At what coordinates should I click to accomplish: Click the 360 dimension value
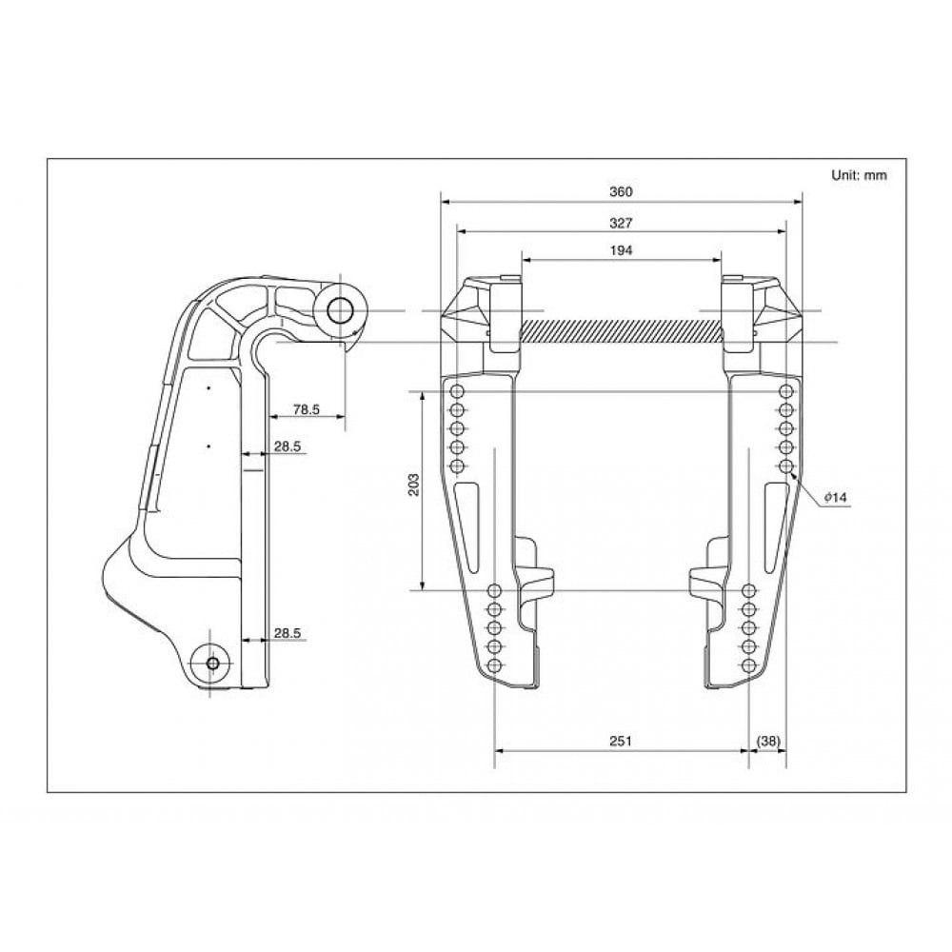pos(621,191)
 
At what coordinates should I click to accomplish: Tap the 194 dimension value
pos(621,249)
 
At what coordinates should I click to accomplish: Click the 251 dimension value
pos(621,741)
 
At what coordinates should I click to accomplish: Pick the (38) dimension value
pos(768,741)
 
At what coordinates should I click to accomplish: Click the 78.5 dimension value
pos(306,409)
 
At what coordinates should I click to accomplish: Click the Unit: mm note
pos(859,175)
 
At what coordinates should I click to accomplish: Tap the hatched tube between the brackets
pos(621,330)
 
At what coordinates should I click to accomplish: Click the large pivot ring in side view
pos(341,309)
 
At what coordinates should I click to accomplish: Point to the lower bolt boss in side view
pos(210,662)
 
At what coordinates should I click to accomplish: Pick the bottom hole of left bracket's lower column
pos(494,665)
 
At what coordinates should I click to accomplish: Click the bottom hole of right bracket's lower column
pos(749,665)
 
